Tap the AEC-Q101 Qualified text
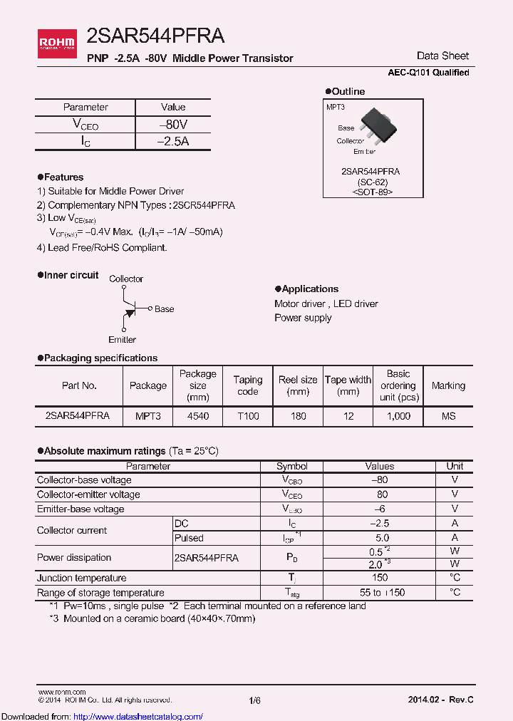point(428,73)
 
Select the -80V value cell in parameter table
point(173,125)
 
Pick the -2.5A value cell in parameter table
point(173,141)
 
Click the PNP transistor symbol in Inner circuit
point(129,308)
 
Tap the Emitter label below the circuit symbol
point(122,340)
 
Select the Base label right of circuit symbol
point(164,309)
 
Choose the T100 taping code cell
point(248,416)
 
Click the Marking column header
point(448,385)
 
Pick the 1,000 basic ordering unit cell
point(398,416)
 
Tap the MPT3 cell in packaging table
point(147,416)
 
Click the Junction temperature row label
point(81,578)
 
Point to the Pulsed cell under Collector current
point(189,538)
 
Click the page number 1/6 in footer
point(255,701)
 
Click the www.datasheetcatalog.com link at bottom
point(143,716)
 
